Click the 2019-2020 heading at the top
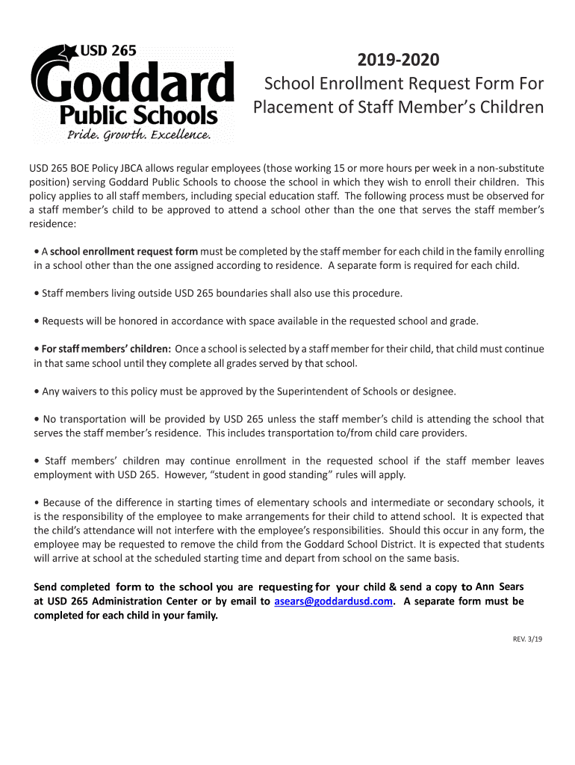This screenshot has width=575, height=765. click(398, 60)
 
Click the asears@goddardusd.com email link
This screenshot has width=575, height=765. click(333, 601)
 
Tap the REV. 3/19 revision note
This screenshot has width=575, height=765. click(527, 639)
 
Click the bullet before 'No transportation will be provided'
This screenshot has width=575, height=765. click(37, 419)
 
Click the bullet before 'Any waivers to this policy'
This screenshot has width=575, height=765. click(37, 391)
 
